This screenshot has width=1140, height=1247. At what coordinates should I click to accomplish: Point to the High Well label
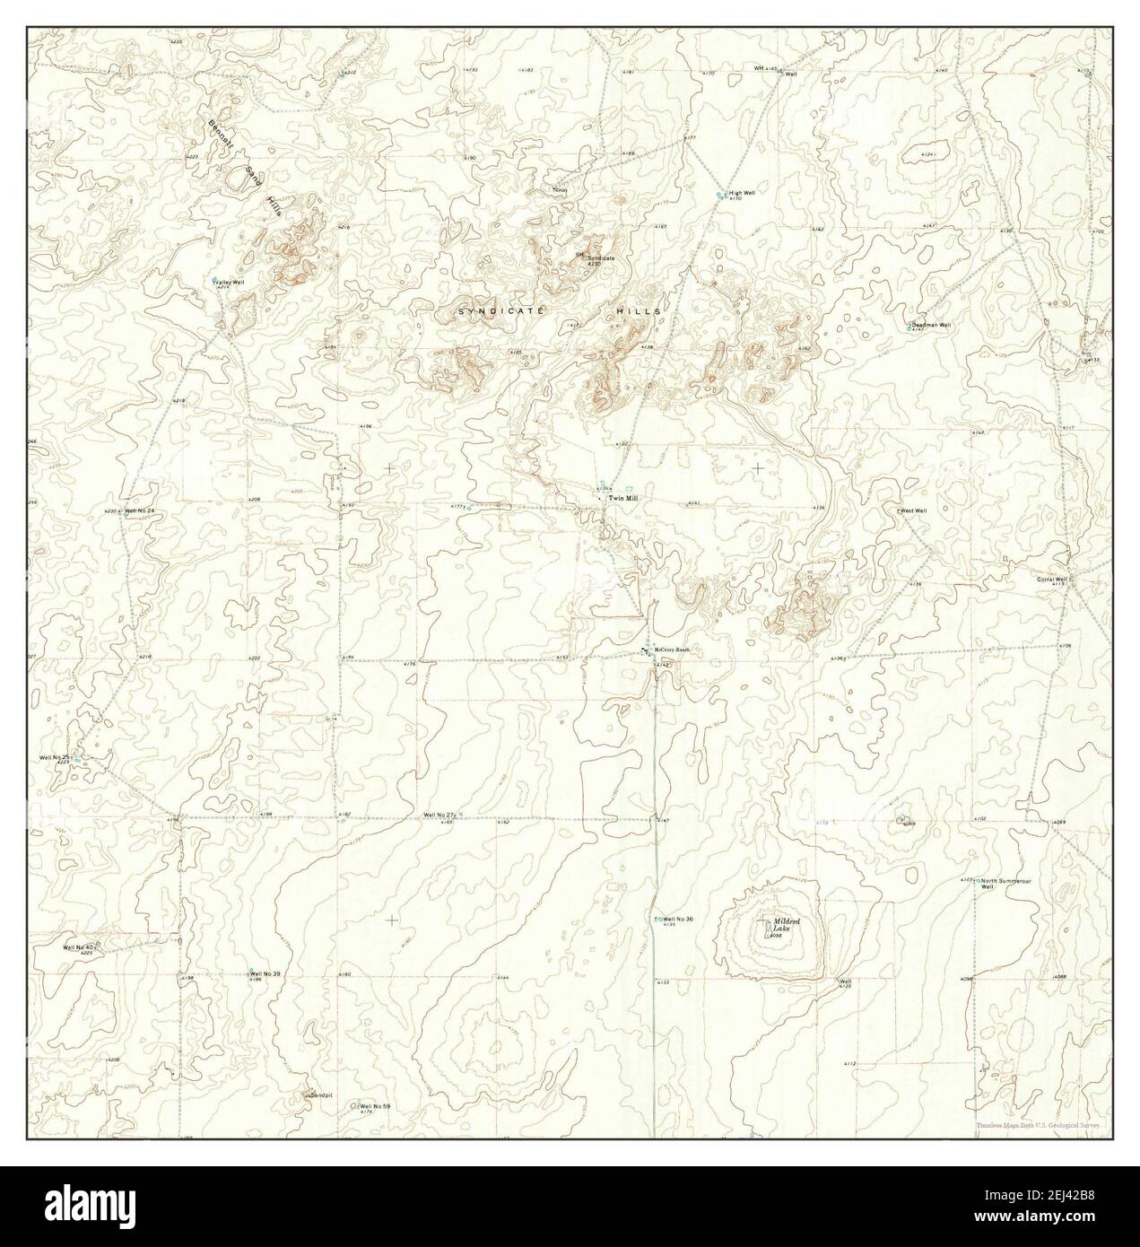click(742, 193)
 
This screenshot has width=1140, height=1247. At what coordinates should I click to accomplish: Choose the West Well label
click(913, 510)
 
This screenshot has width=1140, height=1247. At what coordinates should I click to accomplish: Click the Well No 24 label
click(139, 510)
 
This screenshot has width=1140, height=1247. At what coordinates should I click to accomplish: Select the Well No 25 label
click(56, 757)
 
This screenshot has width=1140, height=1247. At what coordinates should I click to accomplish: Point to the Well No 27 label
click(439, 815)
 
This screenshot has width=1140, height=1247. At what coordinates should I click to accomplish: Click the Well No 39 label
click(265, 973)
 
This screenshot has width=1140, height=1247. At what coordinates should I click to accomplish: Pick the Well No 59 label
click(375, 1106)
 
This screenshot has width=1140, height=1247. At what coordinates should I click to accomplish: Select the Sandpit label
click(321, 1095)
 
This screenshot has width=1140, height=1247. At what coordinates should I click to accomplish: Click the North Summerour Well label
click(1006, 884)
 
